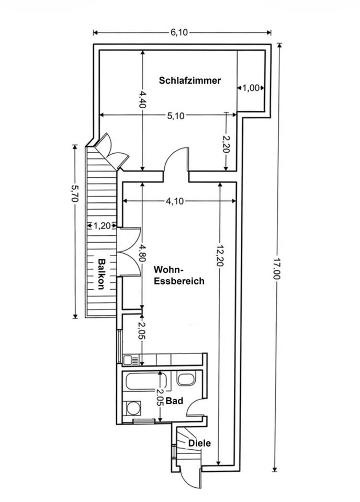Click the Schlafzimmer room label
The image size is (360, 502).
pyautogui.click(x=190, y=81)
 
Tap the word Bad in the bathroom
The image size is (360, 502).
pyautogui.click(x=174, y=401)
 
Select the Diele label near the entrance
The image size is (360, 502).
pyautogui.click(x=199, y=443)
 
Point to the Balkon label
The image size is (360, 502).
pyautogui.click(x=102, y=274)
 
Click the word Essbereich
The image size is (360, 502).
pyautogui.click(x=179, y=281)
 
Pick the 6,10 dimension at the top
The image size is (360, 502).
pyautogui.click(x=178, y=32)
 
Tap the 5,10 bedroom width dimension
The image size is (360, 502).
pyautogui.click(x=176, y=116)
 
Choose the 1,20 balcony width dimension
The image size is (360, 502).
pyautogui.click(x=103, y=226)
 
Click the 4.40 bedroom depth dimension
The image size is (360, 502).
pyautogui.click(x=142, y=98)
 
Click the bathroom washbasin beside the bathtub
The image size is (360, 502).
pyautogui.click(x=185, y=379)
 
